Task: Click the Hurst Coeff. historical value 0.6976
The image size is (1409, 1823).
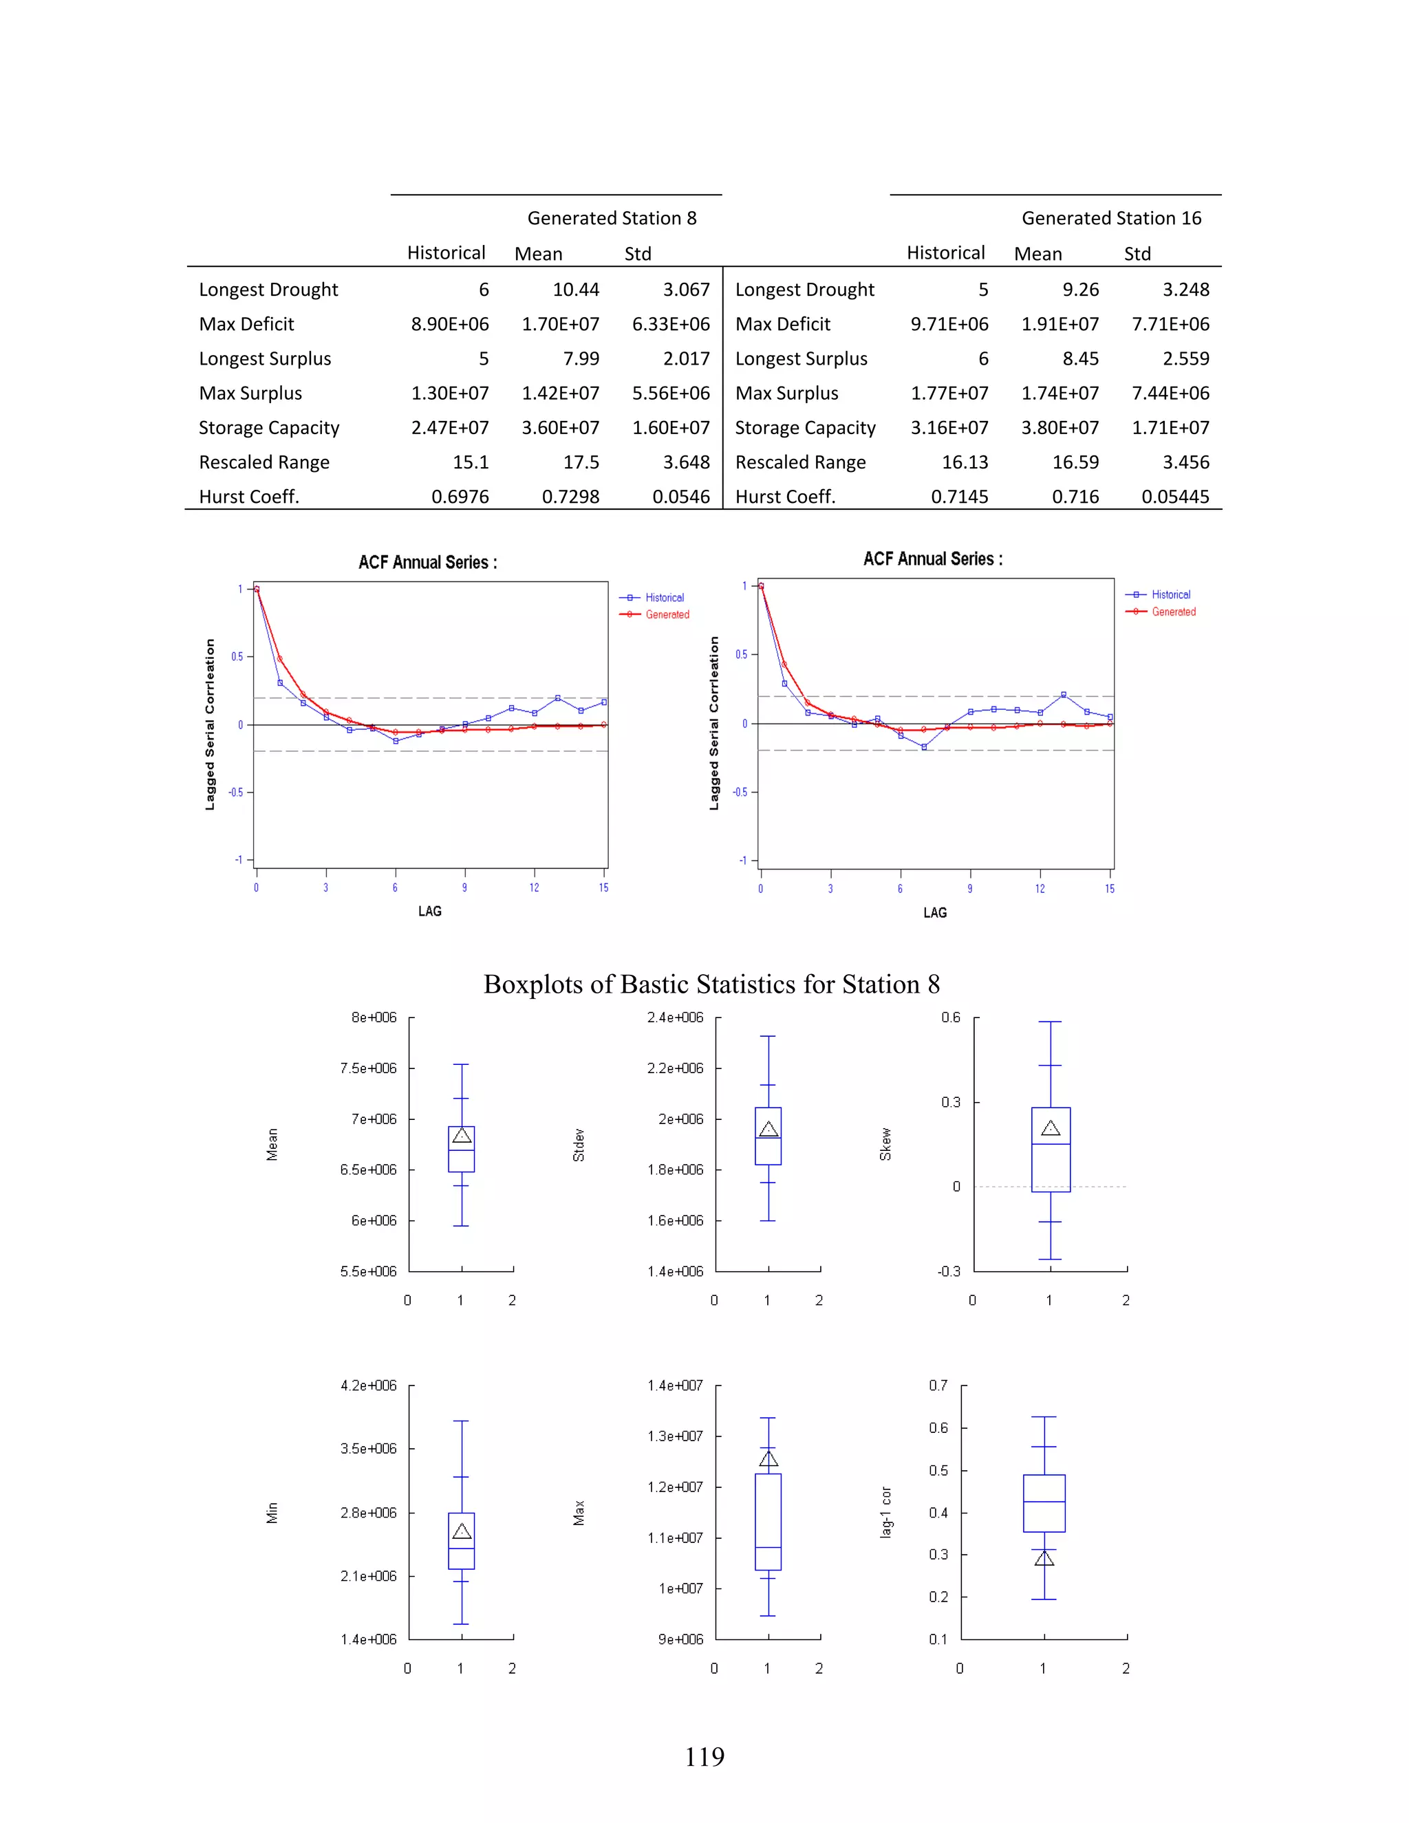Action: (x=460, y=497)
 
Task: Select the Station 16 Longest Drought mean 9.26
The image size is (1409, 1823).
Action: (x=1080, y=290)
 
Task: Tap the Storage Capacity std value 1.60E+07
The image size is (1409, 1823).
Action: (x=670, y=427)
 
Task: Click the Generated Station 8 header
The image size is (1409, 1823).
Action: (x=611, y=218)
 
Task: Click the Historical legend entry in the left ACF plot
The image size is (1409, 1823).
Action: (x=664, y=598)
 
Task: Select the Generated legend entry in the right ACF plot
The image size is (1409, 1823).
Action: (x=1173, y=612)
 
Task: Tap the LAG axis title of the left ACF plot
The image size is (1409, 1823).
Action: (x=430, y=911)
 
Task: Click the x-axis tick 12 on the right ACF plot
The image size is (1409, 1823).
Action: (x=1040, y=889)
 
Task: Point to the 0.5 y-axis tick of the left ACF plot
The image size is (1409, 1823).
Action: (x=238, y=657)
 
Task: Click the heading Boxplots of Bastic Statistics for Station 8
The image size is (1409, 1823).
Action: (x=711, y=984)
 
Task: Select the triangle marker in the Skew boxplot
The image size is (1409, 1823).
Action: (x=1050, y=1128)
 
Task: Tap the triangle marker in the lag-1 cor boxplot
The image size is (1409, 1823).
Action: (x=1044, y=1558)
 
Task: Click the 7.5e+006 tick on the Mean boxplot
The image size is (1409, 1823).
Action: (x=368, y=1068)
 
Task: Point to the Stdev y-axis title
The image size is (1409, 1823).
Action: (x=579, y=1145)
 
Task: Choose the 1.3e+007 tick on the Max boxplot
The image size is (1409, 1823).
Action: (x=674, y=1436)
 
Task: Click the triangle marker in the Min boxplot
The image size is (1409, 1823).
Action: (x=462, y=1531)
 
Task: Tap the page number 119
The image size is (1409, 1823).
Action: (x=704, y=1757)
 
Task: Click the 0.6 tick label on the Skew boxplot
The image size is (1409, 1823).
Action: (x=951, y=1017)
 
